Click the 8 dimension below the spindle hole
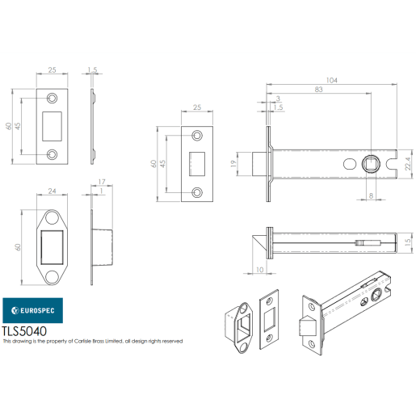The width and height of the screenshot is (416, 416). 371,195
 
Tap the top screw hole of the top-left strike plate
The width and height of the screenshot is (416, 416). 53,98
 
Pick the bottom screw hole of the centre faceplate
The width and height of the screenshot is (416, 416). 196,192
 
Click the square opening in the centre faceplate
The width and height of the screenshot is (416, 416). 196,164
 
